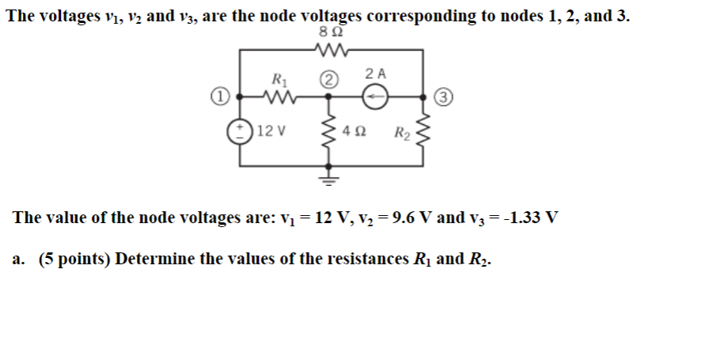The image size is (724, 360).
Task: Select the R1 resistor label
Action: click(279, 79)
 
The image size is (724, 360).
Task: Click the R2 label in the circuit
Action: click(402, 132)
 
